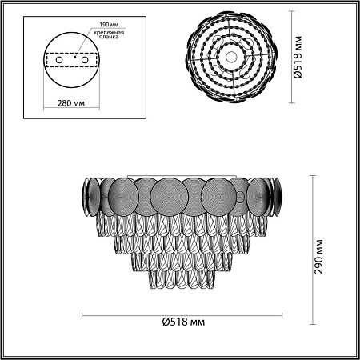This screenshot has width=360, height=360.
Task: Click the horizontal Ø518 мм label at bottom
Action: click(x=181, y=323)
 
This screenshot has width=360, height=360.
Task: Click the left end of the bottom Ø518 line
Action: click(x=83, y=314)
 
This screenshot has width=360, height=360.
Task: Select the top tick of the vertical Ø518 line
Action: click(x=289, y=10)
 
